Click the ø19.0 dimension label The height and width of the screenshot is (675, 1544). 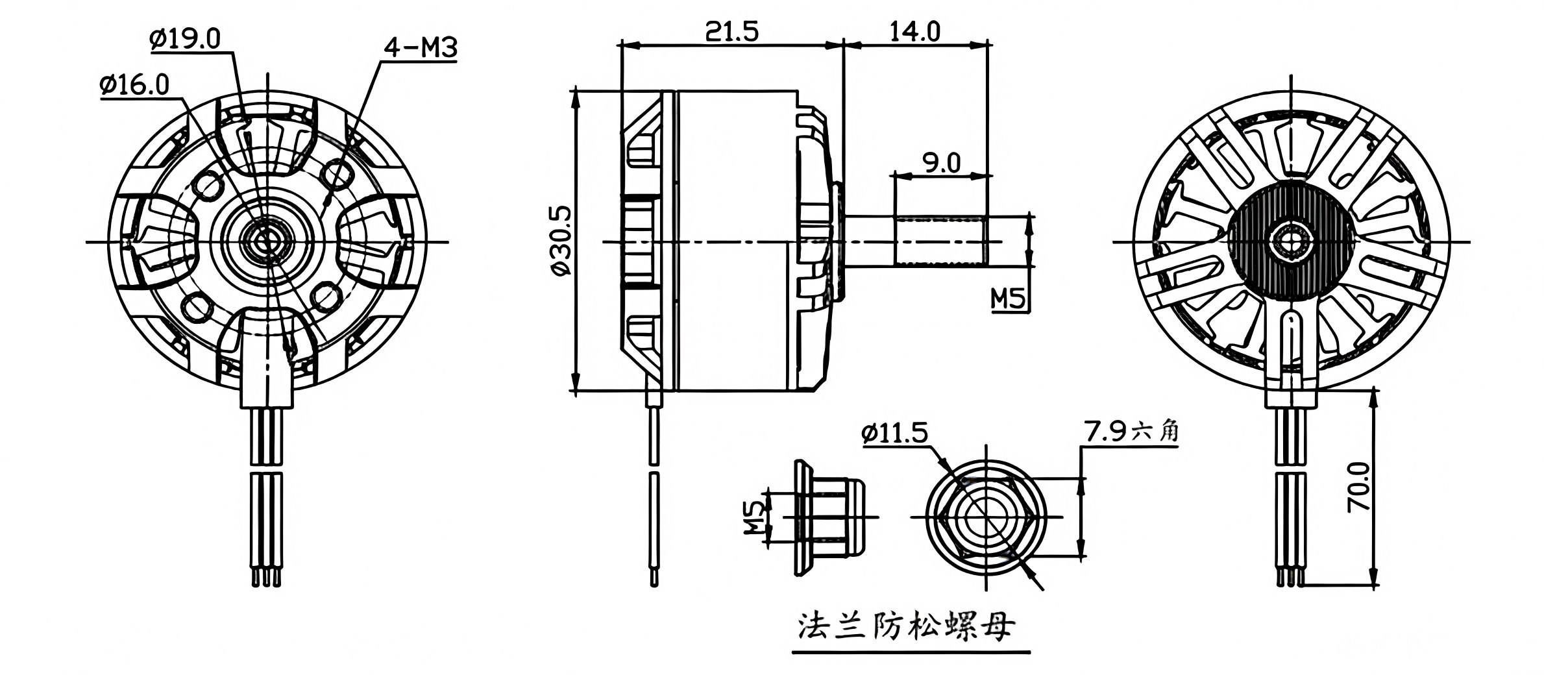(185, 40)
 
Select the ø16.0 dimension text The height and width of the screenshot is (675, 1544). (135, 84)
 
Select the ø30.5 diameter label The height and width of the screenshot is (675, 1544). (559, 241)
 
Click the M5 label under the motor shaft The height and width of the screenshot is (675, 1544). (1008, 299)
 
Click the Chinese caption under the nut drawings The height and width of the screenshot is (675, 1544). (904, 628)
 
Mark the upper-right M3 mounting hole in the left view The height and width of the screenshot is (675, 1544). (339, 174)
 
